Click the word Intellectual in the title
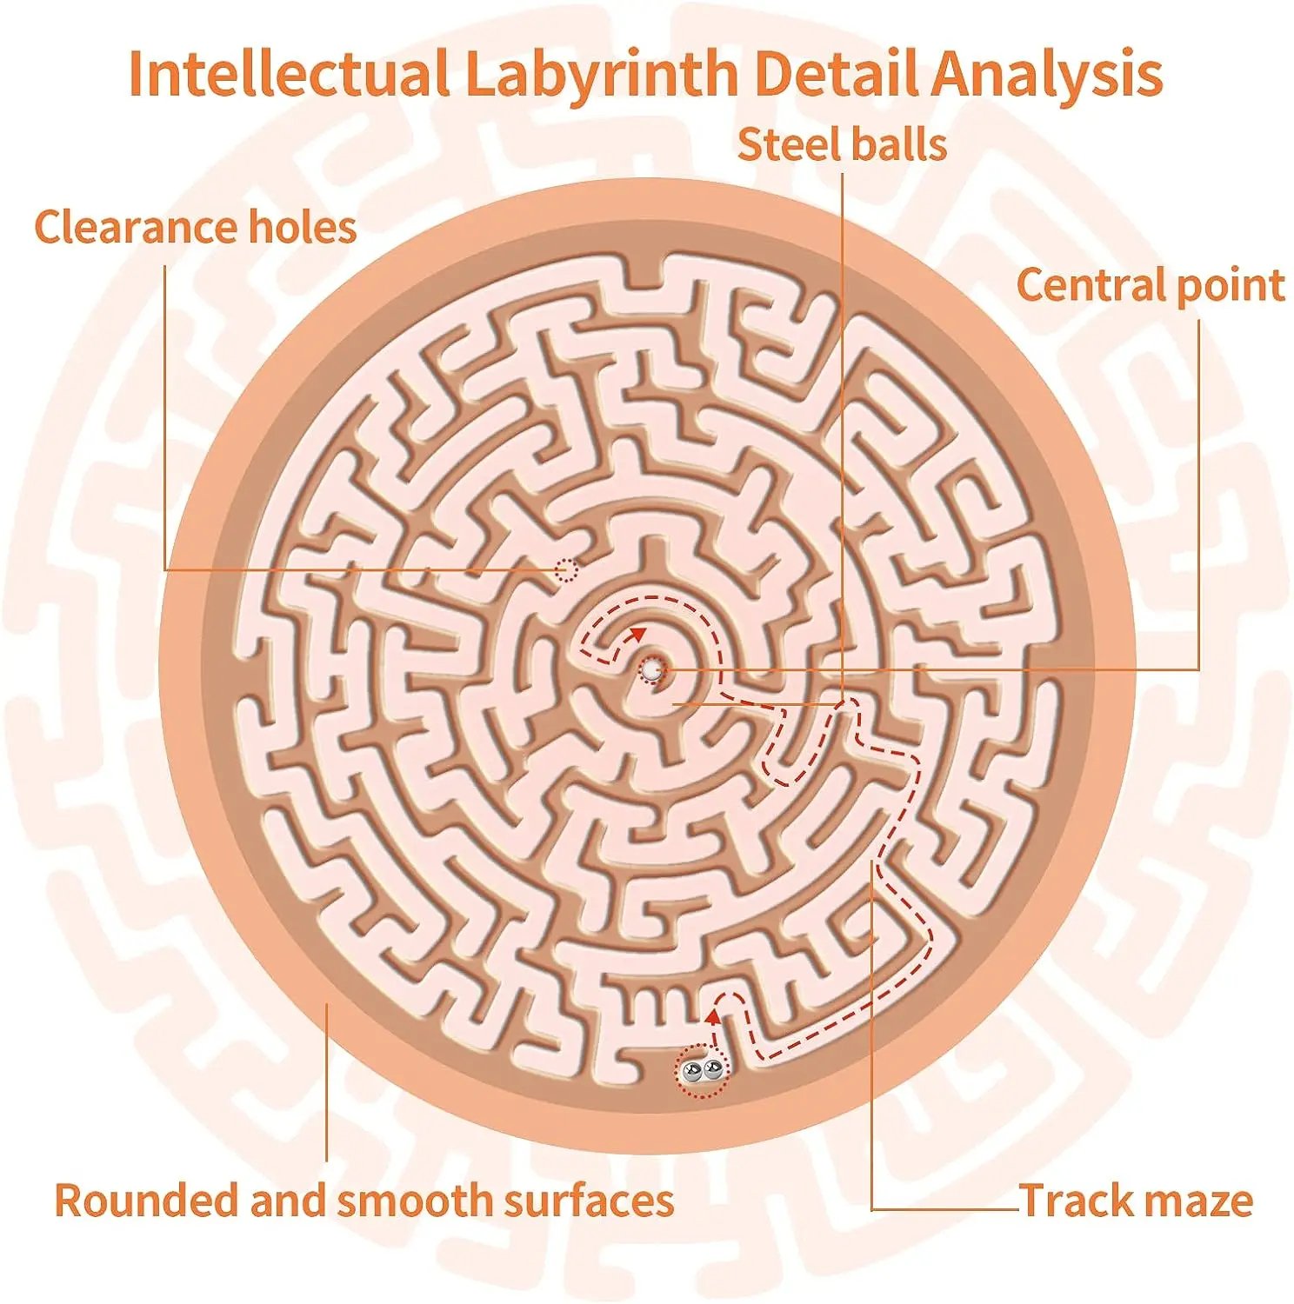tap(289, 74)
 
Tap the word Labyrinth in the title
tap(602, 76)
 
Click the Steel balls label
tap(842, 144)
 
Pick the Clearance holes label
tap(196, 227)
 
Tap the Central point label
tap(1151, 286)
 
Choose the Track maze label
tap(1136, 1201)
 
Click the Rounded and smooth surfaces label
tap(364, 1201)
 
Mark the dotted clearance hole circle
tap(566, 570)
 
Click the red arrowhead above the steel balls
tap(714, 1015)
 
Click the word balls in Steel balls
tap(893, 144)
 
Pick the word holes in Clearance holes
tap(303, 227)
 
